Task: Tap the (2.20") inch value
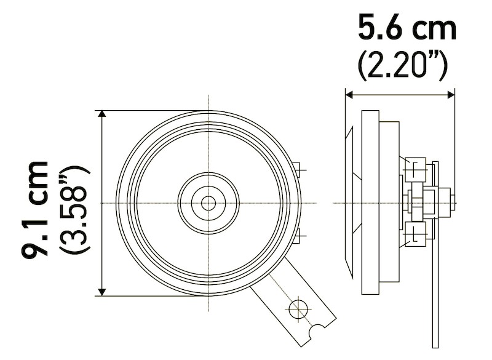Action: pyautogui.click(x=402, y=65)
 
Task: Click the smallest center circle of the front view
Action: pyautogui.click(x=208, y=202)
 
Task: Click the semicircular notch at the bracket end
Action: pyautogui.click(x=318, y=332)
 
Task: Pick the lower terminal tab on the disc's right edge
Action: pyautogui.click(x=298, y=235)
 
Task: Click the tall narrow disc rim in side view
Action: pyautogui.click(x=371, y=202)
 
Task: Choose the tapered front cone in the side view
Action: pyautogui.click(x=352, y=202)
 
